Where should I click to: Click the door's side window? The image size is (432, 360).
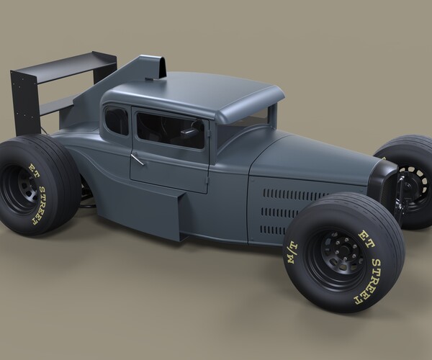point(171,130)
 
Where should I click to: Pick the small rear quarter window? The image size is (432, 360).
point(116,120)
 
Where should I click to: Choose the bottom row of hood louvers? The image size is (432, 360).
point(274,230)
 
